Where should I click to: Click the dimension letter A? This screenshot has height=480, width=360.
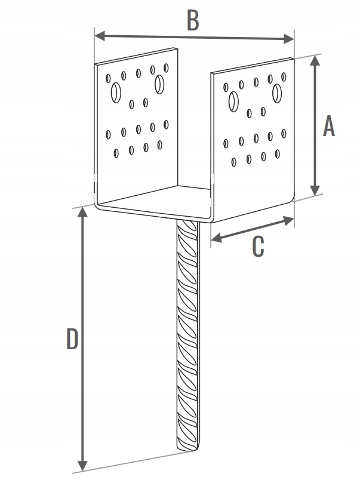[329, 126]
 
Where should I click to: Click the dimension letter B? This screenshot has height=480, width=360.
[192, 20]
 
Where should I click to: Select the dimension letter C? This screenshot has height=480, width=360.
[257, 246]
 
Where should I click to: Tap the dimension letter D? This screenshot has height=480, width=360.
[72, 340]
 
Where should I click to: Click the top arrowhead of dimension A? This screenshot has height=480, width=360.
[316, 60]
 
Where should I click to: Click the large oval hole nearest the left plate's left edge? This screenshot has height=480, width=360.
[116, 93]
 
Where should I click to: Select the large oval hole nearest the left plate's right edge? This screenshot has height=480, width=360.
[159, 84]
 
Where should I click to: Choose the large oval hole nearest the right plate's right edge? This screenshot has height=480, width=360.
[278, 93]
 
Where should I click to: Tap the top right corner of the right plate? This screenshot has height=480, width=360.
[293, 58]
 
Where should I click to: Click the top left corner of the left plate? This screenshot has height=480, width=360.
[96, 63]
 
